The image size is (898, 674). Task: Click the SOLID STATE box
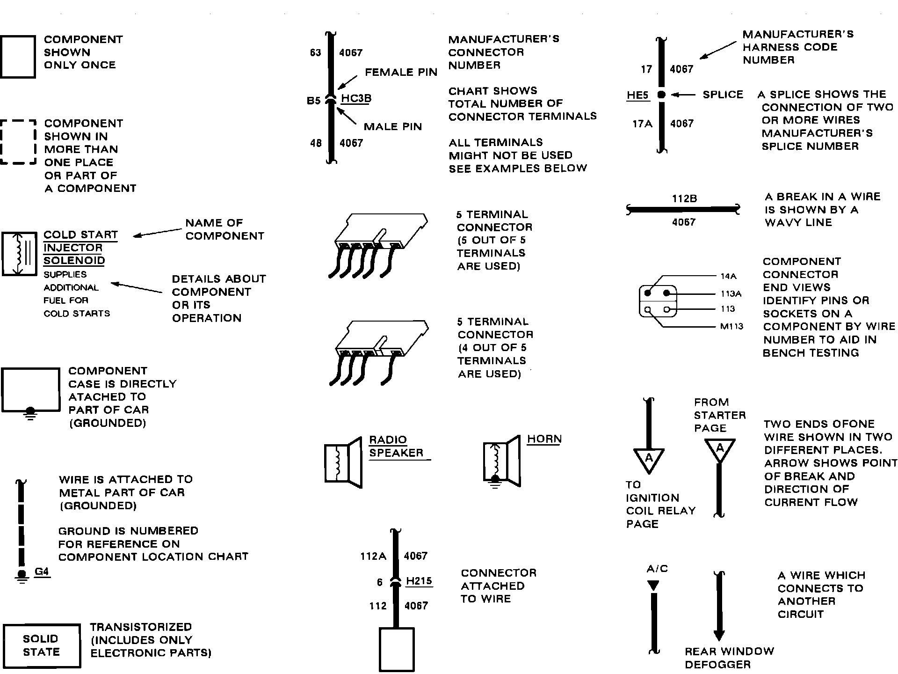pyautogui.click(x=41, y=645)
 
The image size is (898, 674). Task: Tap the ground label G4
pyautogui.click(x=42, y=572)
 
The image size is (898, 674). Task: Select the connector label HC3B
pyautogui.click(x=356, y=98)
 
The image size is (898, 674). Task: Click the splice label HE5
pyautogui.click(x=637, y=95)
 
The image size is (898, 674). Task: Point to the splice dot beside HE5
pyautogui.click(x=661, y=95)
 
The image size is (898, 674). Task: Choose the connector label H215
pyautogui.click(x=419, y=581)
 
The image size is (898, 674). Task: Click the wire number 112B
pyautogui.click(x=684, y=198)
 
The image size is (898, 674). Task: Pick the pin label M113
pyautogui.click(x=731, y=326)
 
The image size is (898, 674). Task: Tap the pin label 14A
pyautogui.click(x=729, y=276)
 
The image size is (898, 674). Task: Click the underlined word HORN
pyautogui.click(x=544, y=439)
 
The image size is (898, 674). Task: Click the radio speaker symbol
pyautogui.click(x=343, y=462)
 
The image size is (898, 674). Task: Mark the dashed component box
pyautogui.click(x=18, y=142)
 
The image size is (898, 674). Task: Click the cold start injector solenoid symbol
pyautogui.click(x=19, y=253)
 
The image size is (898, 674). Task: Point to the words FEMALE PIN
pyautogui.click(x=401, y=72)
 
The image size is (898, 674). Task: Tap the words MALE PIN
pyautogui.click(x=393, y=126)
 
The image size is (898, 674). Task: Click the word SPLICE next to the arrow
pyautogui.click(x=723, y=95)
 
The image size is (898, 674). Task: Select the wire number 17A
pyautogui.click(x=642, y=124)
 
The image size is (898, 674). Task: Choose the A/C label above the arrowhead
pyautogui.click(x=657, y=569)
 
